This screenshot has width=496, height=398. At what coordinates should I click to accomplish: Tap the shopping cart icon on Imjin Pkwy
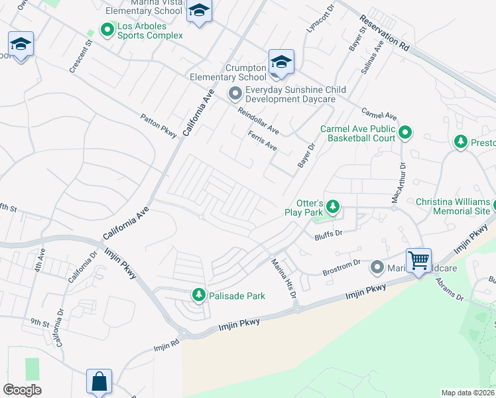click(x=418, y=260)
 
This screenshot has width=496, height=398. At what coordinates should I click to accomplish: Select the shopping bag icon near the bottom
click(x=99, y=381)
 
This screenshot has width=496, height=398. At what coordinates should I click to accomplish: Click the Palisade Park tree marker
click(x=198, y=295)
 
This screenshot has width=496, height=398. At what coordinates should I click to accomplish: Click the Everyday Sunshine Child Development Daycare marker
click(x=235, y=94)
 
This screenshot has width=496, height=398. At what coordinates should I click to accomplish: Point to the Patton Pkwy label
click(x=158, y=125)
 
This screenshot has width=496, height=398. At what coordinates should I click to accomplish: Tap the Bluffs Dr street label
click(x=328, y=233)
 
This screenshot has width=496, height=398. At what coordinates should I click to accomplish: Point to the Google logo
click(x=22, y=390)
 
